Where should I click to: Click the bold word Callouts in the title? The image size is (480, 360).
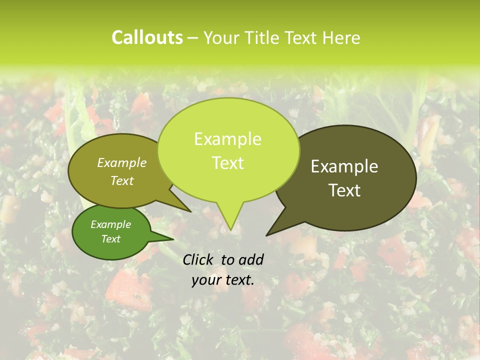[x=147, y=37]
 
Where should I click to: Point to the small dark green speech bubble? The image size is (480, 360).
[x=111, y=232]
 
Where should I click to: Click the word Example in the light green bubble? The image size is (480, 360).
[x=228, y=139]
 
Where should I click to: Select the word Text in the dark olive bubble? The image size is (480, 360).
[x=344, y=190]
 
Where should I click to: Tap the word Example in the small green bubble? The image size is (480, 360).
[x=111, y=224]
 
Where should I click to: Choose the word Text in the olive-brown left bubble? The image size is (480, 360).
[x=122, y=180]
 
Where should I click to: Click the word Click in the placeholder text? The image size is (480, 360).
[x=198, y=259]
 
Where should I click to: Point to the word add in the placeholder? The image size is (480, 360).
[x=251, y=259]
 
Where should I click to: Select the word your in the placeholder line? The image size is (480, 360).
[x=206, y=280]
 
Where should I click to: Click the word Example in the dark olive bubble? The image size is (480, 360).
[x=344, y=166]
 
